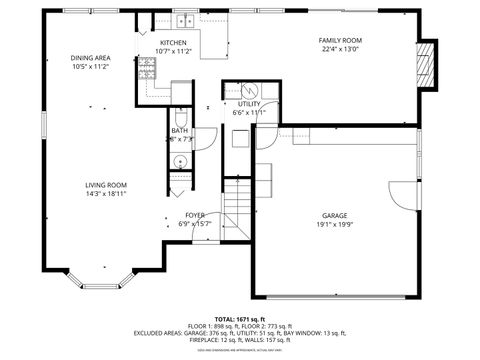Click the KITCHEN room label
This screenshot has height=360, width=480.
pos(173,43)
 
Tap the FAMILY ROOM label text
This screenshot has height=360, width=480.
pos(341,40)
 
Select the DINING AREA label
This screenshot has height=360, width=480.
pos(90,58)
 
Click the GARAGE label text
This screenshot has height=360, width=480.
pos(334,216)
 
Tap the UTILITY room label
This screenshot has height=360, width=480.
pos(249,104)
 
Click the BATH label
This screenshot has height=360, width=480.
pos(179,130)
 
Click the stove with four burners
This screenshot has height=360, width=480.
pos(146,68)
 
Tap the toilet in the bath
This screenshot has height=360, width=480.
pos(180,117)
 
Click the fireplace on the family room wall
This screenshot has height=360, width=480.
pos(426,62)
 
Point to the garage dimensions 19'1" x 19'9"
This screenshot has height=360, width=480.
pos(334,225)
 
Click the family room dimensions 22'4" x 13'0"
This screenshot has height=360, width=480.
pos(341,49)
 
